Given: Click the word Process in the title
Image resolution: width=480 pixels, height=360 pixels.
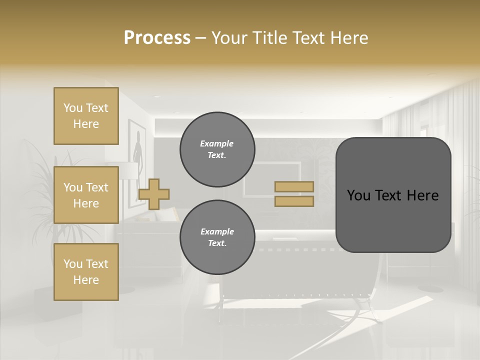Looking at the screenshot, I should point(157,38).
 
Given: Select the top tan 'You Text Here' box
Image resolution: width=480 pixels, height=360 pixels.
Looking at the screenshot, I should point(86,116).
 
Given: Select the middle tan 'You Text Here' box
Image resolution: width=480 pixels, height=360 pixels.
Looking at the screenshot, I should point(86,195).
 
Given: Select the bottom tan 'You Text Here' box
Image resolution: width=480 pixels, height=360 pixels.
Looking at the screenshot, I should point(86,272).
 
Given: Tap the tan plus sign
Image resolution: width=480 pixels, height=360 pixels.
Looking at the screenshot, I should point(154,194).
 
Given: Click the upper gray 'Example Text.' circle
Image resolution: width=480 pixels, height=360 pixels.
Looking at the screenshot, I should point(217,149).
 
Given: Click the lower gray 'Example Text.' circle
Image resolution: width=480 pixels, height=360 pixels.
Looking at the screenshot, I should point(217,237).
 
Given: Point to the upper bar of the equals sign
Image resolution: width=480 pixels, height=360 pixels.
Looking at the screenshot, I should point(294,186).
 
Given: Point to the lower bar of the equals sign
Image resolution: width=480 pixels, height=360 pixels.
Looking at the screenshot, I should point(294,201).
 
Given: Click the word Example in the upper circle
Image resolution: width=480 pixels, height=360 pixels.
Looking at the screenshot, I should point(217,143).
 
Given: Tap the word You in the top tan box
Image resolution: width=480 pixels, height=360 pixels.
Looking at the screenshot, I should point(72,108).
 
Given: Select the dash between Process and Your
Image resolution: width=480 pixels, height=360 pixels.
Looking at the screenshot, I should point(201,38).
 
